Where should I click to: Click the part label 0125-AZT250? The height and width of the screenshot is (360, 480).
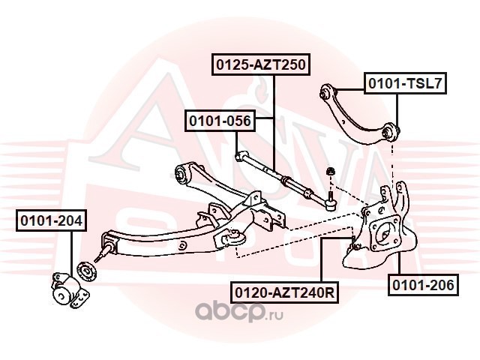(261, 64)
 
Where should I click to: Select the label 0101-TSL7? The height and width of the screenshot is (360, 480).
(405, 83)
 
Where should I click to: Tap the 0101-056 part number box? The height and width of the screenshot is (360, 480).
(220, 120)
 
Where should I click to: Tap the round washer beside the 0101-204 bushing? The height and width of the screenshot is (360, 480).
(84, 271)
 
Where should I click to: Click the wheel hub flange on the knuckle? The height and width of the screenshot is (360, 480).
(386, 230)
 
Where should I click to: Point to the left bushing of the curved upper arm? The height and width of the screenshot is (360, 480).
(325, 94)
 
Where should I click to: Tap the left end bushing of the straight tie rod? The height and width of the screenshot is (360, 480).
(238, 157)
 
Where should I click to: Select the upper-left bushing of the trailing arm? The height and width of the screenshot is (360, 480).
(182, 174)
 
